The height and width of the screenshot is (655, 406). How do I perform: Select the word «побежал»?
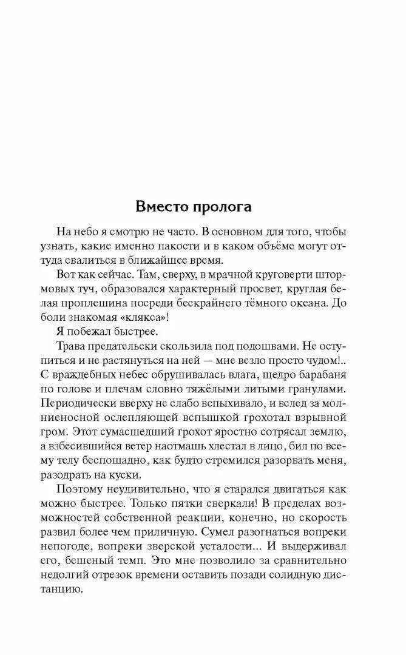[100, 331]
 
